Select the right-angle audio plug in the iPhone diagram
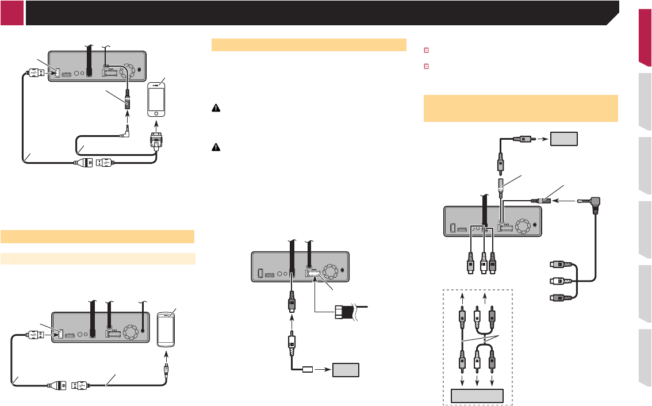click(125, 136)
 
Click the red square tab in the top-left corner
click(12, 13)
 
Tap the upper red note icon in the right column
click(426, 51)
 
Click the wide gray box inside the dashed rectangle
click(477, 396)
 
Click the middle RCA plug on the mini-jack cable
click(559, 282)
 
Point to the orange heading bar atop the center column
click(306, 45)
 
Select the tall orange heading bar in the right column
click(521, 108)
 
